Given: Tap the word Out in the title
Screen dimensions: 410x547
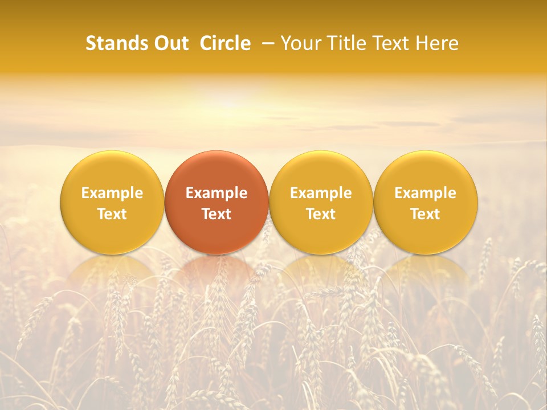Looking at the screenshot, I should point(169,43).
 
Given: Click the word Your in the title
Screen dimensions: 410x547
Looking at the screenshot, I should point(299,43).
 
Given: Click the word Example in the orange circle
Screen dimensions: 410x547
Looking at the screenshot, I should point(217,193).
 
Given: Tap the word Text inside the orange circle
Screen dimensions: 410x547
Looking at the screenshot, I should point(217,214).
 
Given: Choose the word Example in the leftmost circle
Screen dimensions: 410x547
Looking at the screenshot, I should point(112,193).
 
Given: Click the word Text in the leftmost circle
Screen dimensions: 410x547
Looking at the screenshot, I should point(112,214).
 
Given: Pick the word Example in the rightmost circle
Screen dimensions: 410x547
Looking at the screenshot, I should point(426,193).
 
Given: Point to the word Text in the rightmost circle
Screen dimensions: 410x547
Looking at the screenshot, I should point(426,214).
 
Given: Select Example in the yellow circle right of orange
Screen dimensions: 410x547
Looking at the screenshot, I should point(321,193).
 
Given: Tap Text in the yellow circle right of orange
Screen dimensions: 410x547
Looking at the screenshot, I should point(321,214).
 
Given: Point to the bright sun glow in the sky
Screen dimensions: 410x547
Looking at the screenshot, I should point(231,102).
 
